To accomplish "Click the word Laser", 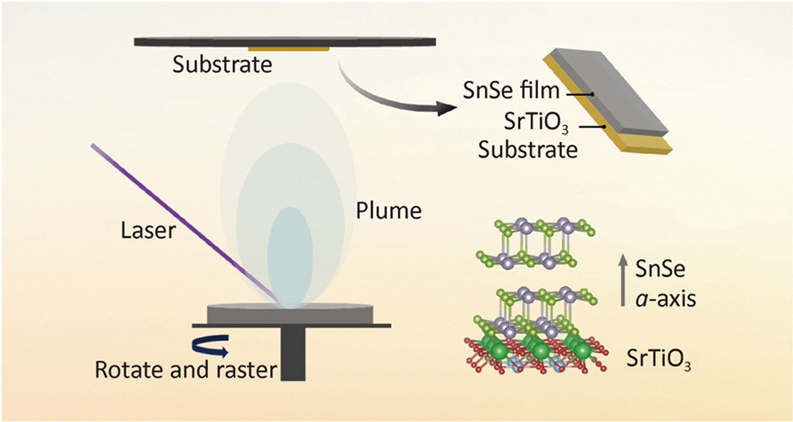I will [x=148, y=231].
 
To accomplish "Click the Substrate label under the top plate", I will [x=222, y=65].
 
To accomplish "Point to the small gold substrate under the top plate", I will [x=288, y=49].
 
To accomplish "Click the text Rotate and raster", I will [x=186, y=370].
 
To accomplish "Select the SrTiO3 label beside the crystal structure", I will [x=659, y=359].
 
